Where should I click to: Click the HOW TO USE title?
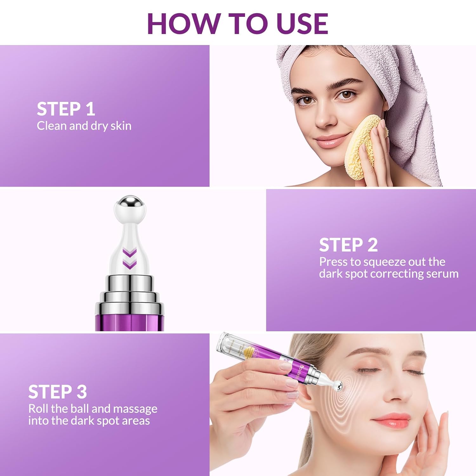click(237, 23)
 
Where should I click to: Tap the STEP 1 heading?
click(66, 109)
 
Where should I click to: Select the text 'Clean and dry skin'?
click(84, 126)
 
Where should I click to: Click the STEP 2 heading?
click(348, 245)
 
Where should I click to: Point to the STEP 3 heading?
click(57, 392)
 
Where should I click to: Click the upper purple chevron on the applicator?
click(129, 253)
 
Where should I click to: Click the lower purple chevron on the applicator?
click(129, 264)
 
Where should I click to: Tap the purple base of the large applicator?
click(129, 321)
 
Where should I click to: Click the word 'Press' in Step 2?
click(333, 262)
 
